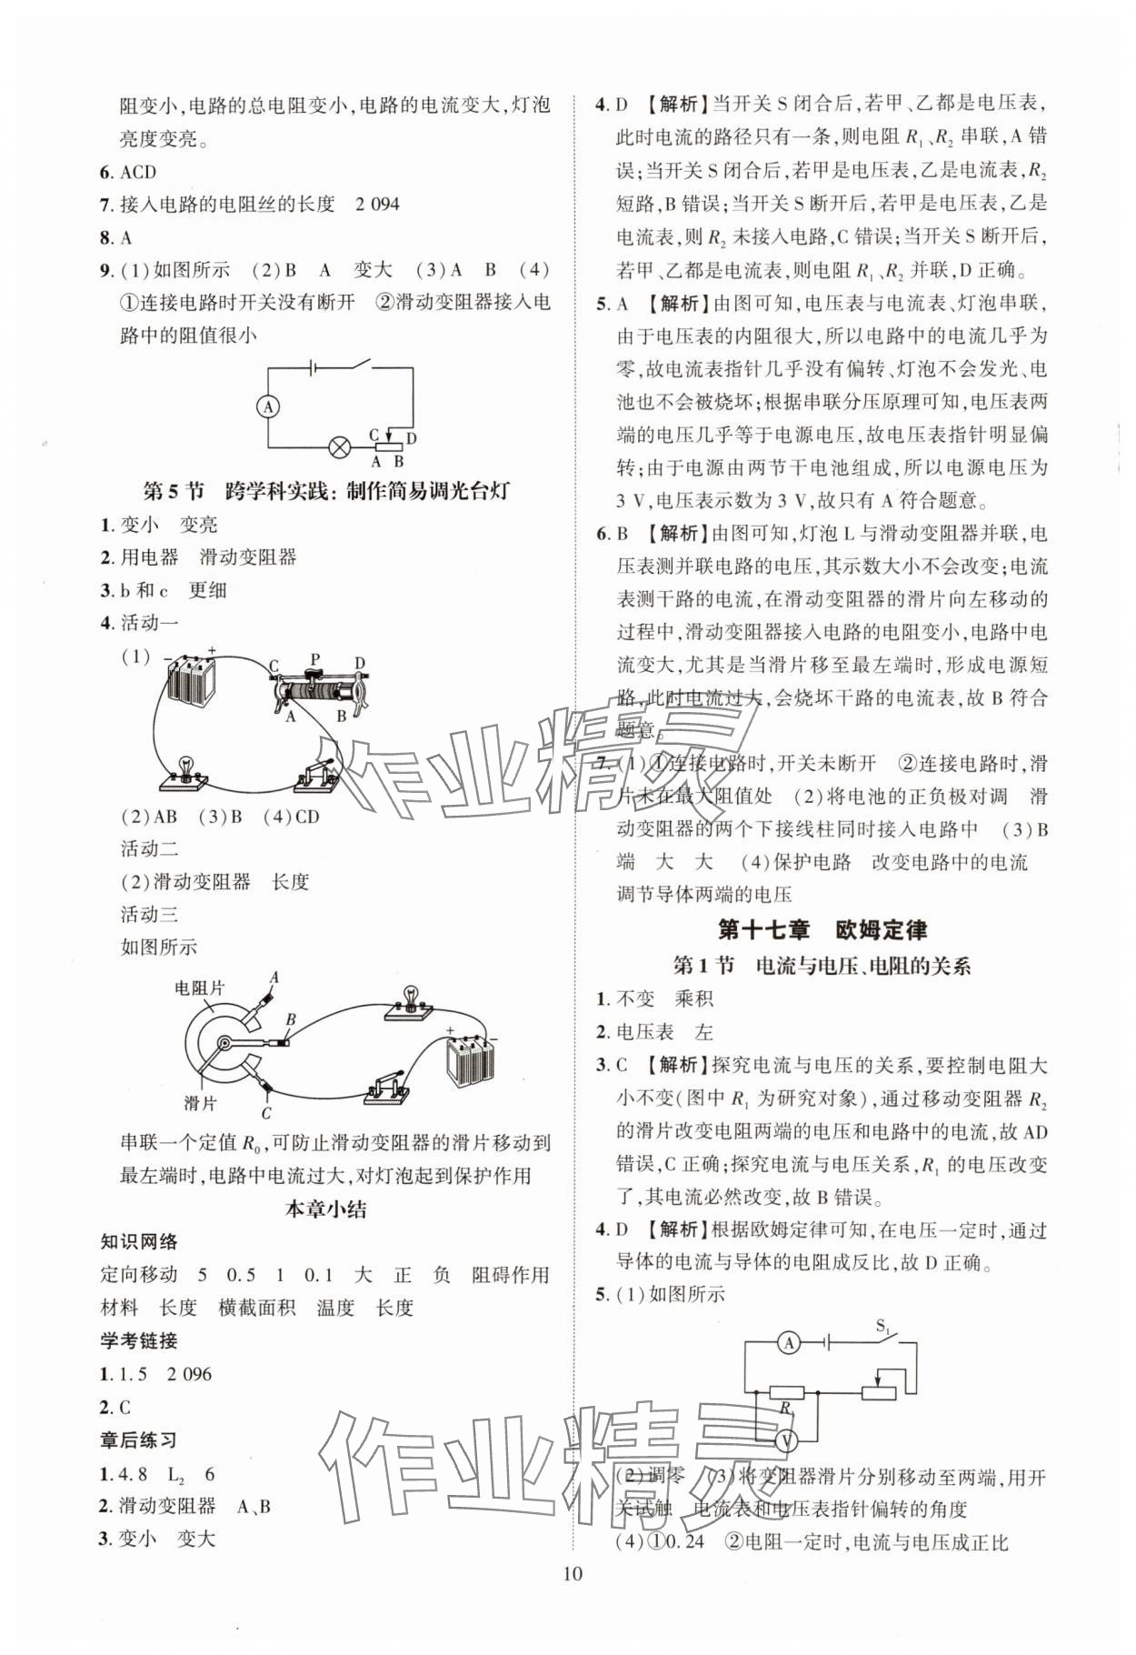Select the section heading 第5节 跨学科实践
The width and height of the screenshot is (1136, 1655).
[x=326, y=492]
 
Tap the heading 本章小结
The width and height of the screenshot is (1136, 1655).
[x=325, y=1209]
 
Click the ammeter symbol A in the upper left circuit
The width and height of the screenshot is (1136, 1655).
[x=268, y=406]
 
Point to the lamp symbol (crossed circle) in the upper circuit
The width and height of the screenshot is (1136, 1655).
[x=340, y=446]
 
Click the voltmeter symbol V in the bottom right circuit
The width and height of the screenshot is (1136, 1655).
[x=789, y=1440]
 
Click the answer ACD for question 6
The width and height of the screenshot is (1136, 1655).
[x=138, y=172]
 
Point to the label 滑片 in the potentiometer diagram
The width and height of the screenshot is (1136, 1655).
[x=200, y=1103]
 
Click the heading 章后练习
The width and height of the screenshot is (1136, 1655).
[x=138, y=1440]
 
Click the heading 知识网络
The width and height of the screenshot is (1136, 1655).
[x=138, y=1242]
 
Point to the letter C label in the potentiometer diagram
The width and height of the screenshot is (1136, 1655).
[x=266, y=1113]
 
